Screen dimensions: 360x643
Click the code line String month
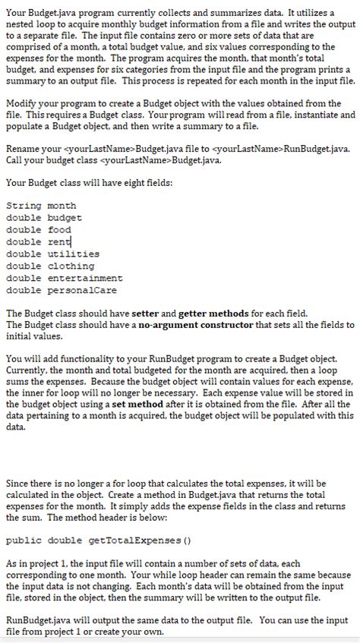[41, 206]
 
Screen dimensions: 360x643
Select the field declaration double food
[38, 230]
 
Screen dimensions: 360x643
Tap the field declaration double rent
[38, 242]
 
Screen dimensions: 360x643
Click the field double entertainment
[60, 279]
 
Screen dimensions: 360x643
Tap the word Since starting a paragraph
[17, 483]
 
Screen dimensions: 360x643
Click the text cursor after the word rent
[72, 242]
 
